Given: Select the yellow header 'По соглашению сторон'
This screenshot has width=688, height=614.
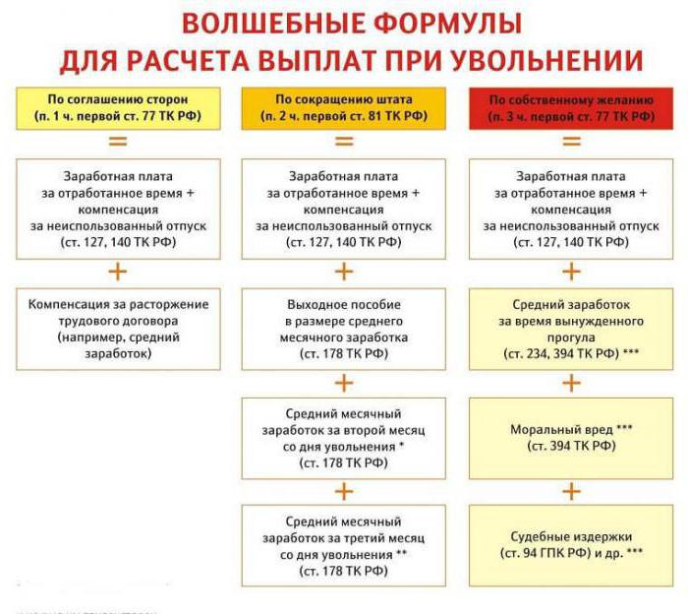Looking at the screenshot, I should click(x=118, y=108).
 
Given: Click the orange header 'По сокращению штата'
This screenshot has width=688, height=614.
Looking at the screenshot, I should click(x=344, y=108).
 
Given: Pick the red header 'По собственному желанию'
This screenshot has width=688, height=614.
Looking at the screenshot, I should click(x=571, y=108).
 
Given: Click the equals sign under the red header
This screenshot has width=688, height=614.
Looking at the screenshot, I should click(x=571, y=141).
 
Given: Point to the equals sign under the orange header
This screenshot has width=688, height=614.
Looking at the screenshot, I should click(x=344, y=141).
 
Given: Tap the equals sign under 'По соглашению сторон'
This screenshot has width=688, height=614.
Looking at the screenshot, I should click(x=118, y=141).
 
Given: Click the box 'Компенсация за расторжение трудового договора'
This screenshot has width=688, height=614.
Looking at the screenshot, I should click(x=118, y=329).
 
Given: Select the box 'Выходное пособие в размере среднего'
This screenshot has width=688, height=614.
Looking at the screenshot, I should click(x=344, y=329).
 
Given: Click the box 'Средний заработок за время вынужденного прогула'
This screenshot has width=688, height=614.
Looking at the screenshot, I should click(x=571, y=329).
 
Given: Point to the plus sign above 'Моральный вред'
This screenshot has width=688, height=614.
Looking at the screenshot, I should click(x=571, y=384).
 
